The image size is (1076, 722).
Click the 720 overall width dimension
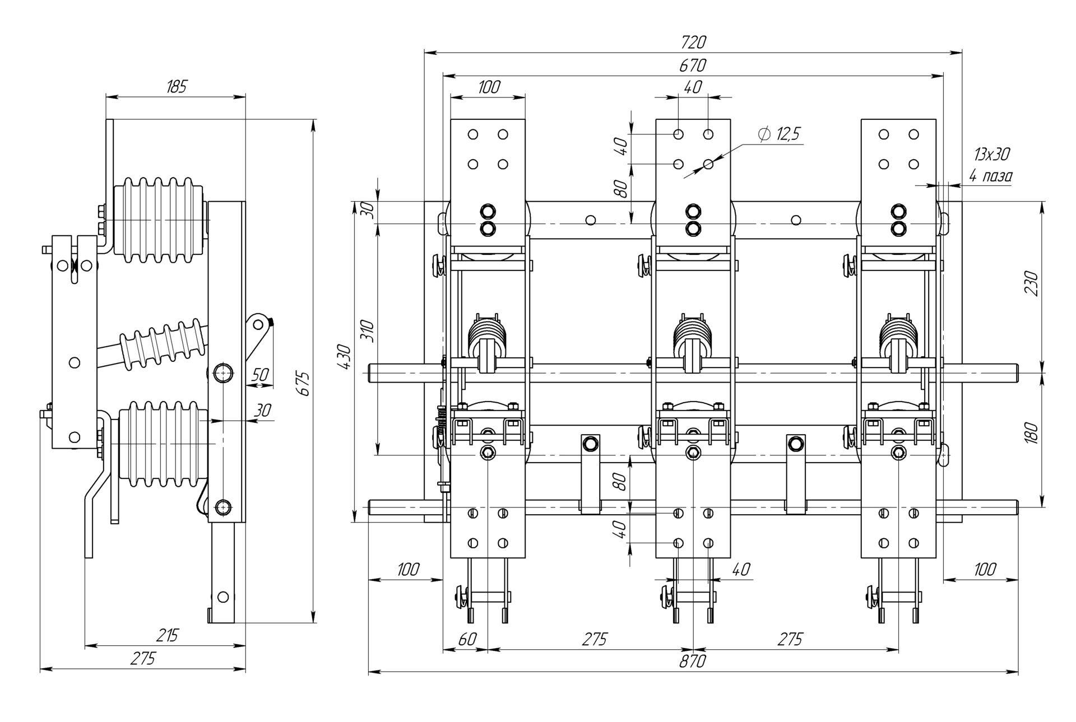[693, 43]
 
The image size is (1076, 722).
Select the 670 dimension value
[693, 66]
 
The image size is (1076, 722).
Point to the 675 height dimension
[303, 383]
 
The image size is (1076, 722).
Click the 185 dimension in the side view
[176, 87]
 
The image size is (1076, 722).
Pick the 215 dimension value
[166, 635]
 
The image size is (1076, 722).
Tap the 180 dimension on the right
[1032, 434]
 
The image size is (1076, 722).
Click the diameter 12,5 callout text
[780, 134]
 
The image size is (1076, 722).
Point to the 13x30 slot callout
[992, 154]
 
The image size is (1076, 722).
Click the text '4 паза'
[991, 176]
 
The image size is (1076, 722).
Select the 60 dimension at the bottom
[467, 639]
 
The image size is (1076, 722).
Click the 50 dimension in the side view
[260, 374]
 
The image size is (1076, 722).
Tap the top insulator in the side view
[160, 221]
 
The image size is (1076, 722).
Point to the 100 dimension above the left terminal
[489, 87]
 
